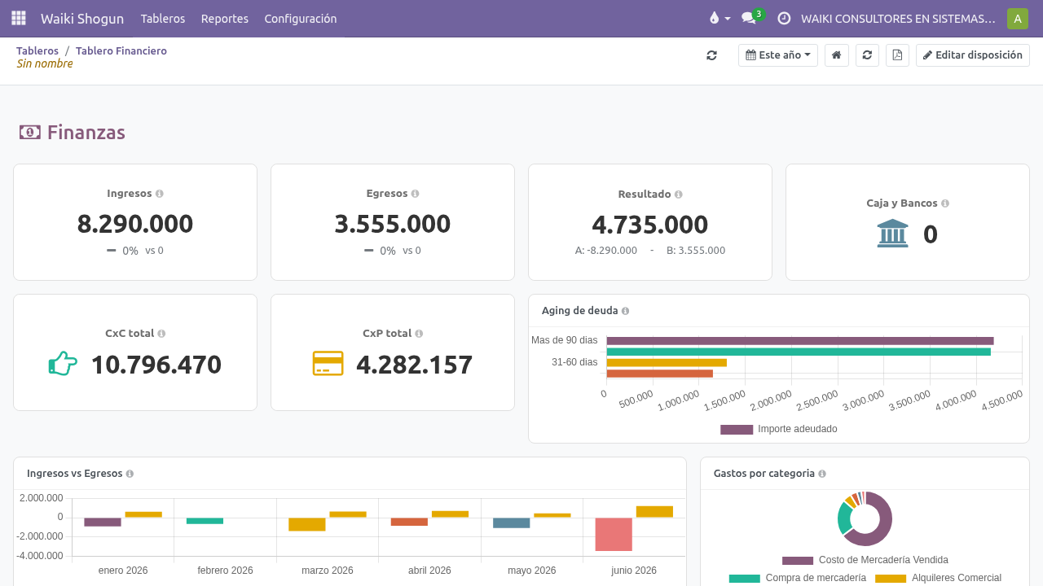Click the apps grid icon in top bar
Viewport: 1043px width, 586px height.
19,18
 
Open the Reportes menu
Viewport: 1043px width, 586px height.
224,19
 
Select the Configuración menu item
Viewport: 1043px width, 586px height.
301,19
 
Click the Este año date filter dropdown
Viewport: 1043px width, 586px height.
777,55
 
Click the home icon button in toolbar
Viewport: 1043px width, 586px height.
836,55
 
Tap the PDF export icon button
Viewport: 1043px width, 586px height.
897,55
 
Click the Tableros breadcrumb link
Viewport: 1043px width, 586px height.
37,50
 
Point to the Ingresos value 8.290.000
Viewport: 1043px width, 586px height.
135,224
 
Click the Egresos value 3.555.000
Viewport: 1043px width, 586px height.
393,224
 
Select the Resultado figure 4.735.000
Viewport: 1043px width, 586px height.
650,225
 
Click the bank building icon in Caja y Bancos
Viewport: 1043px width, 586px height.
892,233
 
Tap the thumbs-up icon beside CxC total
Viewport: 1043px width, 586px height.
63,363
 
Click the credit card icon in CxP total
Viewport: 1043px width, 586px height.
328,363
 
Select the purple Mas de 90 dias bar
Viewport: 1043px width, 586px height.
800,341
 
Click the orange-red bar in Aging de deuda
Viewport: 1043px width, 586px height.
660,374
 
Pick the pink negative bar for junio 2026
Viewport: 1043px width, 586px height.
614,535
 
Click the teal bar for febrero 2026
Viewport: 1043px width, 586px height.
205,521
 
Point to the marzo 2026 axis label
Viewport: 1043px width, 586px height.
328,571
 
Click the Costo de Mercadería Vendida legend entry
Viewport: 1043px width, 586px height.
865,560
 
